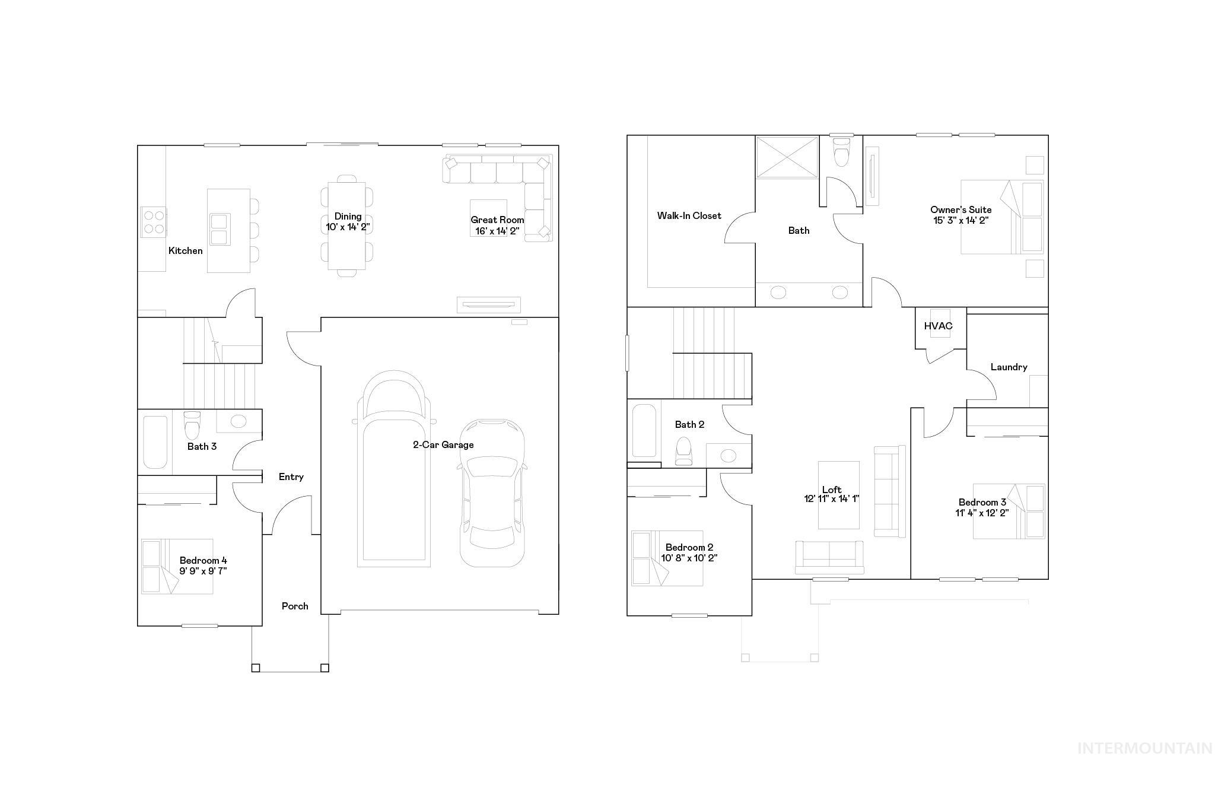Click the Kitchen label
[x=185, y=251]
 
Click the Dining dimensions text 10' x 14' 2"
[x=348, y=227]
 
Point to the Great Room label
[x=497, y=220]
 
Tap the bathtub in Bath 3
[x=155, y=443]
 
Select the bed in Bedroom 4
[x=177, y=566]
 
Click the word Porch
[x=295, y=606]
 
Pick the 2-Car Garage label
[x=443, y=445]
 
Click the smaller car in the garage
[x=492, y=493]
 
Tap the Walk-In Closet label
[x=689, y=216]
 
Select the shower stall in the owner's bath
[x=787, y=157]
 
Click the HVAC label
[x=938, y=326]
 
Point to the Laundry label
[x=1009, y=367]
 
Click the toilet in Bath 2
[x=684, y=451]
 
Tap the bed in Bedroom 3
[x=1009, y=512]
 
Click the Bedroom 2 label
[x=689, y=548]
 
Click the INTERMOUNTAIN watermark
[x=1144, y=749]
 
